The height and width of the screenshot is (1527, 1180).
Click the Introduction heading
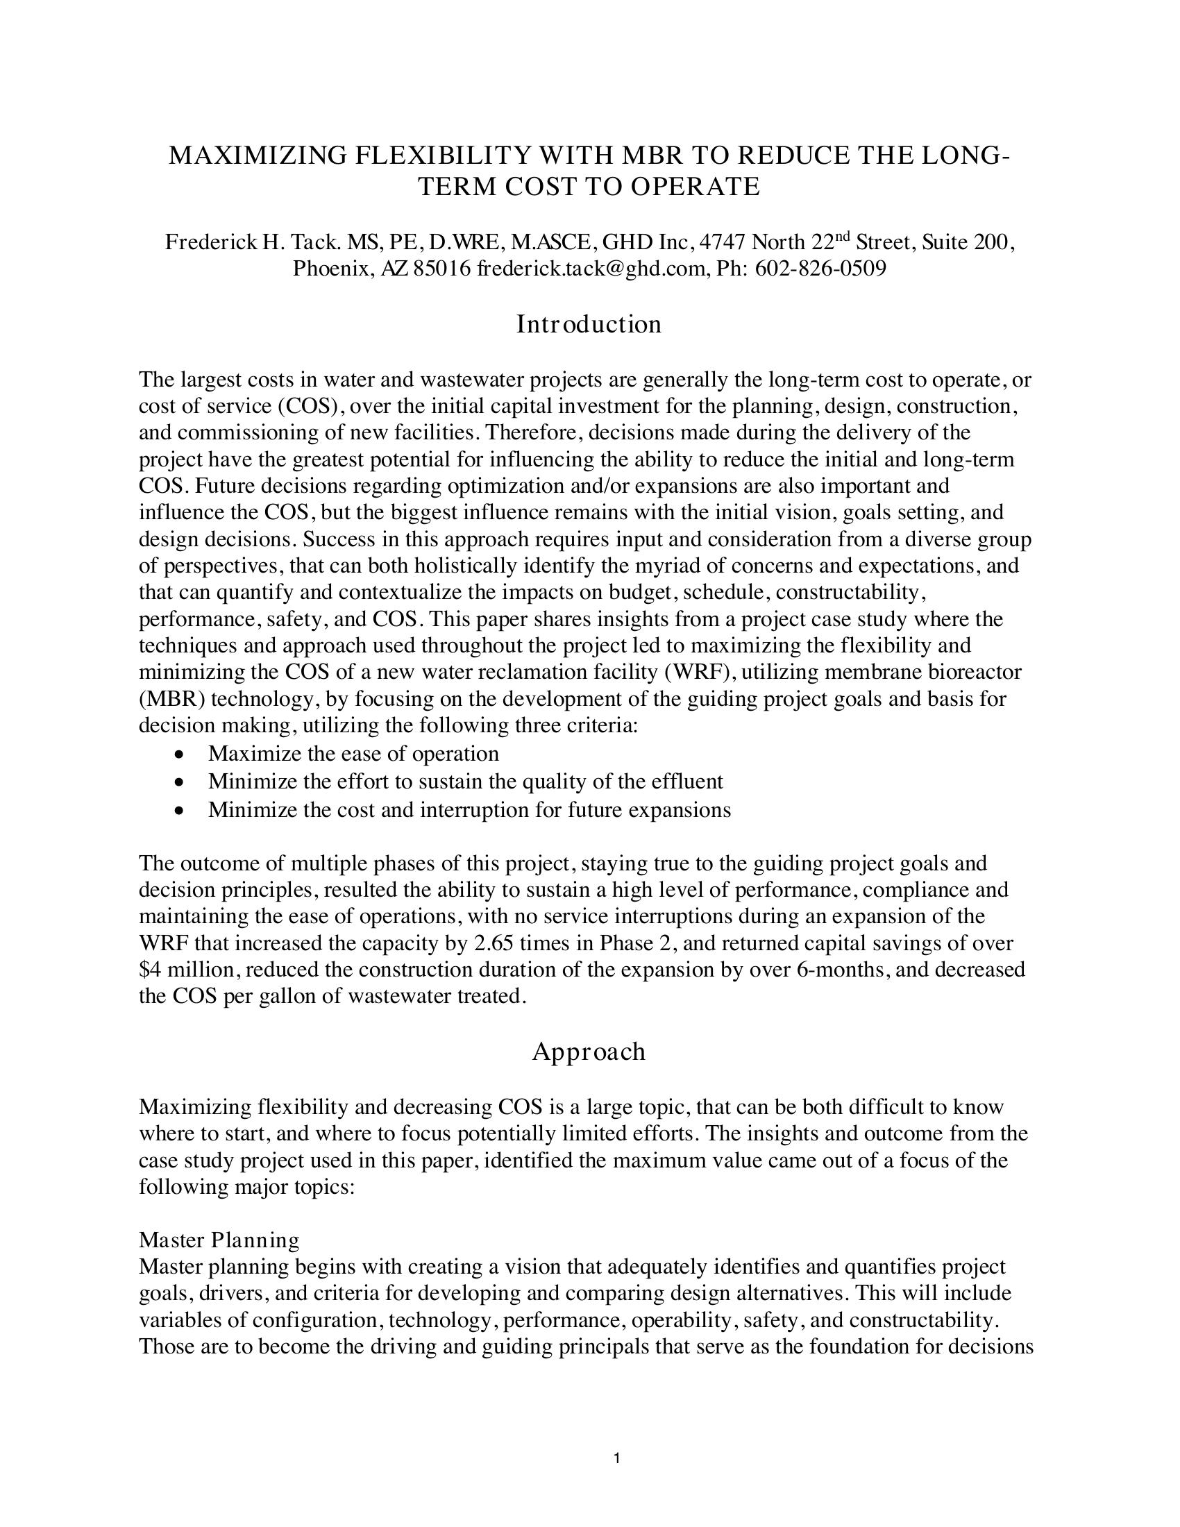coord(589,324)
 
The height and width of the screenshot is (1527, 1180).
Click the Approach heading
coord(589,1052)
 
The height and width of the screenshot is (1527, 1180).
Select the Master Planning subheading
coord(219,1240)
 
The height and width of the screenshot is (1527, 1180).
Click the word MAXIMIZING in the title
coord(258,155)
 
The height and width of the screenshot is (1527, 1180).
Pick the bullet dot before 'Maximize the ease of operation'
coord(180,755)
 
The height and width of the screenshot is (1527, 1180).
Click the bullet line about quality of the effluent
coord(465,781)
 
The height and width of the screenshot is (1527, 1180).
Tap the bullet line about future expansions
coord(469,809)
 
